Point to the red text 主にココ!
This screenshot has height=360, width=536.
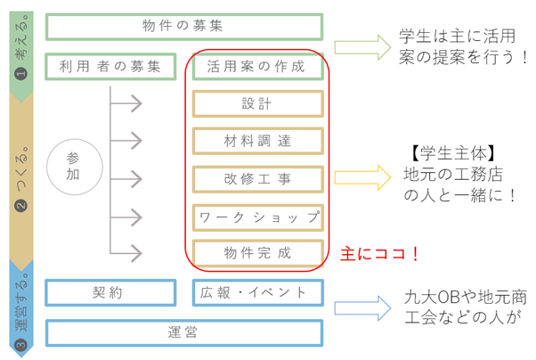[x=379, y=254]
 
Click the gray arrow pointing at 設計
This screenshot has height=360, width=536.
[x=126, y=103]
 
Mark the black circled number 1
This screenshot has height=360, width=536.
[x=21, y=73]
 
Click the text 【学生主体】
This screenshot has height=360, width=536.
[x=453, y=153]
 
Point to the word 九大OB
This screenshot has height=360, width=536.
[x=430, y=297]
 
